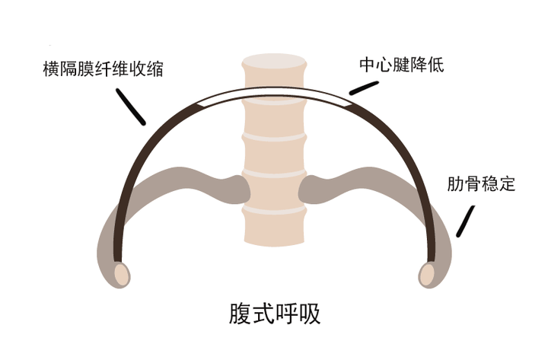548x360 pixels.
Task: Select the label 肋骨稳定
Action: pyautogui.click(x=481, y=184)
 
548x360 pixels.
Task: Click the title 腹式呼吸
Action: pyautogui.click(x=275, y=314)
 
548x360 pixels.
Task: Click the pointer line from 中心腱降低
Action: pyautogui.click(x=364, y=88)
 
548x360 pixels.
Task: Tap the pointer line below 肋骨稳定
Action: pyautogui.click(x=462, y=221)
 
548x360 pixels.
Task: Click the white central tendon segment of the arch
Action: pyautogui.click(x=275, y=94)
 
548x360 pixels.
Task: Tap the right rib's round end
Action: pyautogui.click(x=429, y=272)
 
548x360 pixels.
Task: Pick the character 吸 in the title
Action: pyautogui.click(x=310, y=314)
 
